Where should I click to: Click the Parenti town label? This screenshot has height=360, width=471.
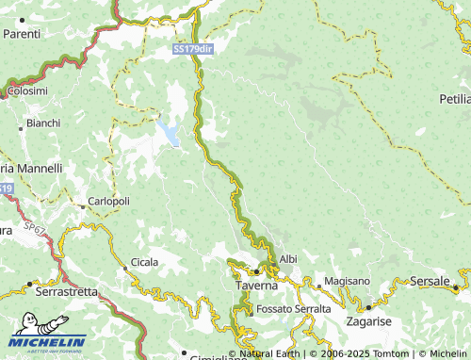coord(22,34)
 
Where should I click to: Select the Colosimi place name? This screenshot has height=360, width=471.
coord(27,90)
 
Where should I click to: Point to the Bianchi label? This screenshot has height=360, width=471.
coord(43,123)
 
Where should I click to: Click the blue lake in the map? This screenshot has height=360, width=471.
coord(170,133)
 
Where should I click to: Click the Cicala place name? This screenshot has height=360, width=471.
coord(144,261)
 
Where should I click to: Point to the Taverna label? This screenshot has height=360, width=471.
coord(255,285)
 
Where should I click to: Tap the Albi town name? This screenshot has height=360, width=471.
coord(288,258)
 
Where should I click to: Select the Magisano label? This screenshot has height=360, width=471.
coord(348,282)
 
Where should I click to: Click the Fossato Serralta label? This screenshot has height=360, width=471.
coord(293,308)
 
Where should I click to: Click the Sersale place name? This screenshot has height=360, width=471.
coord(430,281)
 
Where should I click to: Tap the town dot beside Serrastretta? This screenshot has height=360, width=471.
coord(29,283)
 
